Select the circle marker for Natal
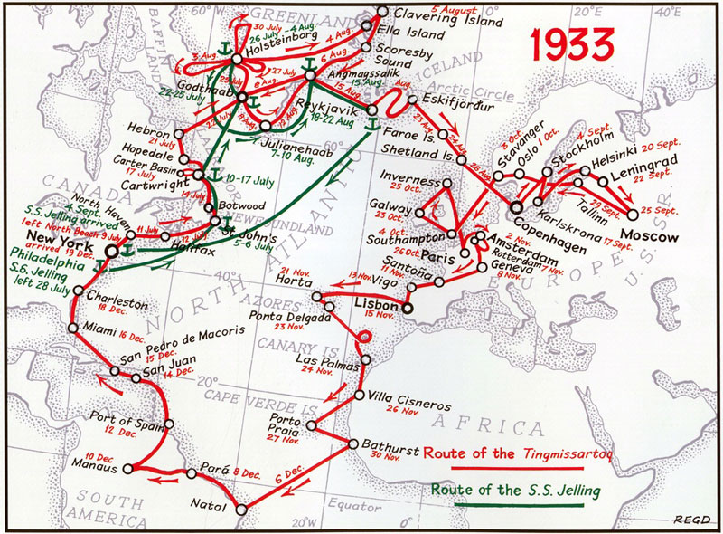[x=241, y=510]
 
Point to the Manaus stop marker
[x=127, y=468]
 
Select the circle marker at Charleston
[x=80, y=291]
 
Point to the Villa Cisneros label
[x=403, y=396]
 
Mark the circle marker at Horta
[x=316, y=296]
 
